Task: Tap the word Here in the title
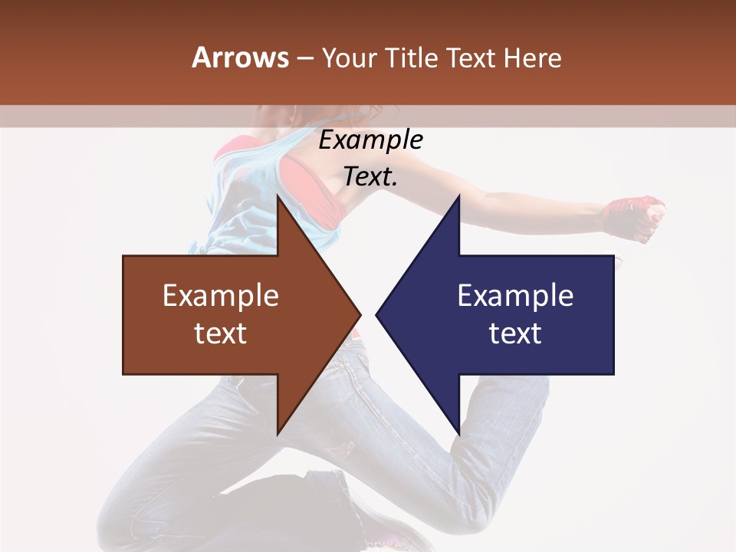[x=533, y=58]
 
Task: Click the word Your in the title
[x=349, y=58]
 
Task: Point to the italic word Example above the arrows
[x=371, y=140]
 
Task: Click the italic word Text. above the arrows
[x=371, y=176]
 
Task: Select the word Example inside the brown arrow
[x=221, y=295]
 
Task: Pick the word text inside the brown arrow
[x=221, y=333]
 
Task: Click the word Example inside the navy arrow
[x=515, y=295]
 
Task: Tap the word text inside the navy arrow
[x=515, y=333]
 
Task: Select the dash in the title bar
[x=305, y=58]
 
